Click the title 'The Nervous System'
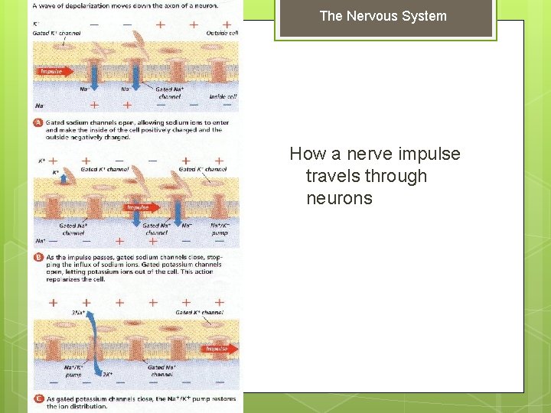coord(383,16)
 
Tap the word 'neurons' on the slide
coord(339,198)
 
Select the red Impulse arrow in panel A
coord(54,72)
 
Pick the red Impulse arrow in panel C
coord(219,349)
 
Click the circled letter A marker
coord(37,122)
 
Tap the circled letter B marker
coord(37,258)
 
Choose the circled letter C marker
coord(37,398)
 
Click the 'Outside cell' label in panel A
coord(223,32)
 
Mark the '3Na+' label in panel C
coord(78,313)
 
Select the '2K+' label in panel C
coord(107,375)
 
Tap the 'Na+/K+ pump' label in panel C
coord(73,371)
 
